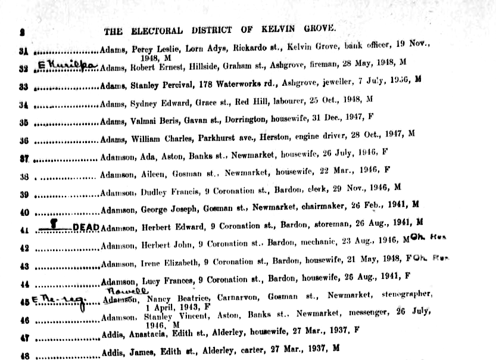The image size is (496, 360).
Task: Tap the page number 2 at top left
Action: pos(21,32)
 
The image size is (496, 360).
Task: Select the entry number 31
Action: pos(24,50)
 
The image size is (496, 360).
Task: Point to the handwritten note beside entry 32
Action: pos(67,64)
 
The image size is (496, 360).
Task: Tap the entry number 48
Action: pos(24,356)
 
